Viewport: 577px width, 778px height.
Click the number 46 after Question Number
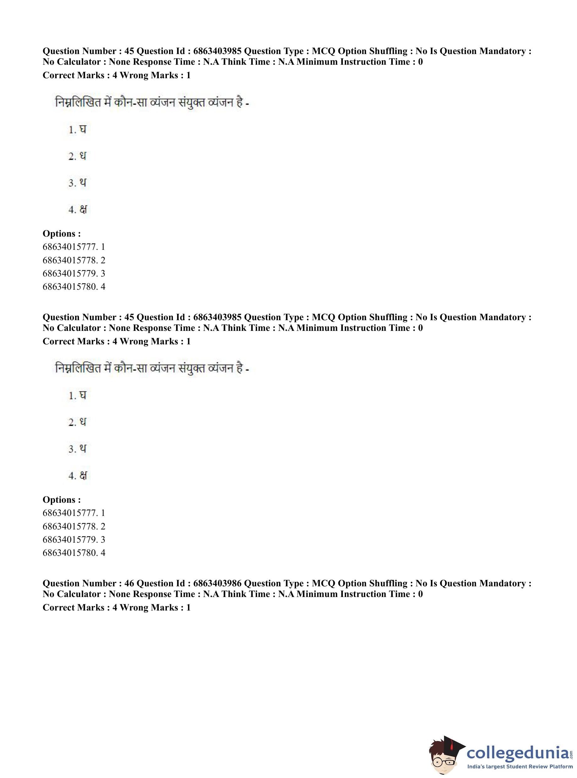129,583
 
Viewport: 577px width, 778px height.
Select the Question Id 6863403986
217,583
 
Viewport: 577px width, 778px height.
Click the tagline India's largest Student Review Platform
520,766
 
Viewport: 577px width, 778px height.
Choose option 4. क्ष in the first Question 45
78,210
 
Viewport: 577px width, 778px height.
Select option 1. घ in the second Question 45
78,396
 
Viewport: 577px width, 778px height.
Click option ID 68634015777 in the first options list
70,247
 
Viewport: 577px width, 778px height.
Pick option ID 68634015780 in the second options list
70,553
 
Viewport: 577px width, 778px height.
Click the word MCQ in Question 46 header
323,583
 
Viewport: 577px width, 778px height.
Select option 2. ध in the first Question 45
78,156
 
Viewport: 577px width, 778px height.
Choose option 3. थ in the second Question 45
78,449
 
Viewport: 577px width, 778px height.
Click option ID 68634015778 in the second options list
70,526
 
